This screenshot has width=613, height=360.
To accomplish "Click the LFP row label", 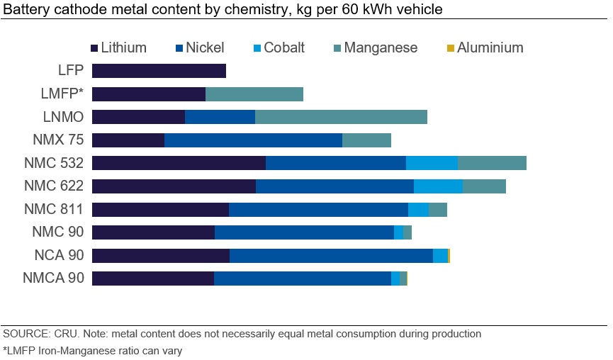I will pyautogui.click(x=71, y=71).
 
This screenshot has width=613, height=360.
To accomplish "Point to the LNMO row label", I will pyautogui.click(x=65, y=117).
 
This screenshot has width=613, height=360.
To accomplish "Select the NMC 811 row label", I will pyautogui.click(x=54, y=209).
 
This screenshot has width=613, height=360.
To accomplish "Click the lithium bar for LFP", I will pyautogui.click(x=159, y=71).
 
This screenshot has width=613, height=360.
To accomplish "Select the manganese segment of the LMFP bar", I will pyautogui.click(x=254, y=94).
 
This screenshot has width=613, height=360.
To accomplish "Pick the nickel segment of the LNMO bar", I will pyautogui.click(x=220, y=117).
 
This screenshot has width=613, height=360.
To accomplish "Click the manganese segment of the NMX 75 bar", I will pyautogui.click(x=366, y=140).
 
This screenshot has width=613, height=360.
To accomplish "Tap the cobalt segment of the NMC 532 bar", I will pyautogui.click(x=432, y=163).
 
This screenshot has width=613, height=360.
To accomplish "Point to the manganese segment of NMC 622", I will pyautogui.click(x=484, y=186).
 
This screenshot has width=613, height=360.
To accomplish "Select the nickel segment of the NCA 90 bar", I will pyautogui.click(x=331, y=255).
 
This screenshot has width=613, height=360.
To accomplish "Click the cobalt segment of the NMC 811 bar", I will pyautogui.click(x=418, y=209).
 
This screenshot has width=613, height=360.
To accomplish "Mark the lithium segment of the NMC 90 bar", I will pyautogui.click(x=153, y=232).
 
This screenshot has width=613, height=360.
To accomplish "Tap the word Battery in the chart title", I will pyautogui.click(x=23, y=10).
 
